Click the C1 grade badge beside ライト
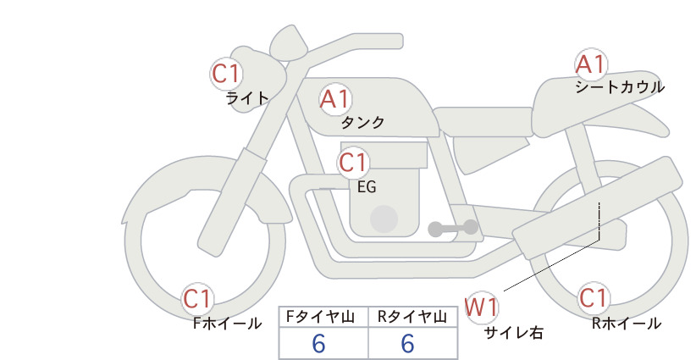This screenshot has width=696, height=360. (x=226, y=74)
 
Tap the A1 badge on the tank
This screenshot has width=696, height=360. (x=335, y=99)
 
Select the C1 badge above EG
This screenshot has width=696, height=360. (x=353, y=163)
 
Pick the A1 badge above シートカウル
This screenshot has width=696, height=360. (x=591, y=64)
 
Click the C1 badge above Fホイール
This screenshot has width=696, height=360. (x=197, y=299)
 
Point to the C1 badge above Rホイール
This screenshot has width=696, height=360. (x=593, y=298)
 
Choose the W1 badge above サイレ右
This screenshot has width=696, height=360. (x=482, y=307)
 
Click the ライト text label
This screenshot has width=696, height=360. (x=247, y=97)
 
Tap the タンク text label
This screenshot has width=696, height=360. (x=362, y=122)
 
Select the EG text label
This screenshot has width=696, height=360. (x=367, y=187)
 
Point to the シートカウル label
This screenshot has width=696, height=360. (x=620, y=87)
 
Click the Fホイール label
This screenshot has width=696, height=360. (x=227, y=324)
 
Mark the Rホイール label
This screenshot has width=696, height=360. (x=627, y=324)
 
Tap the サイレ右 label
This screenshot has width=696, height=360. (x=513, y=333)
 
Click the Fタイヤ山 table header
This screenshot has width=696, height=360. (x=320, y=317)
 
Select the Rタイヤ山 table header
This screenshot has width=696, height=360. (x=412, y=317)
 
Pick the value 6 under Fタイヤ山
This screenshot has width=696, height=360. (x=318, y=344)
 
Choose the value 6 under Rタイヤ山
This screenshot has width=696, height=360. (x=407, y=344)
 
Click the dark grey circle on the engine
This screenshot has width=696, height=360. (x=384, y=219)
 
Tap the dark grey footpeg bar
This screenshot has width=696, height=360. (x=453, y=228)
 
